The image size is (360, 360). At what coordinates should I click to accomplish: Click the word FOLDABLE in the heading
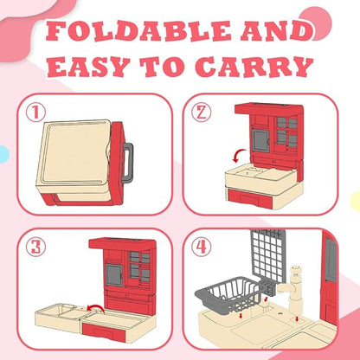[x=138, y=31]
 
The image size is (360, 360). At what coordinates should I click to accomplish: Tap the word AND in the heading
[x=277, y=31]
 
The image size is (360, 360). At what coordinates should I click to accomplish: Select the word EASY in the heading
[x=87, y=67]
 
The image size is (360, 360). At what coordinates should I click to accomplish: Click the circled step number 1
[x=35, y=112]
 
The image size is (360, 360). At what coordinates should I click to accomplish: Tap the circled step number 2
[x=202, y=112]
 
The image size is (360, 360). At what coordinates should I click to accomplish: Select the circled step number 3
[x=35, y=247]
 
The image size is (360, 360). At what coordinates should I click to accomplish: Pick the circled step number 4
[x=202, y=247]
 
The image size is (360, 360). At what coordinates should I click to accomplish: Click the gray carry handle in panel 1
[x=128, y=163]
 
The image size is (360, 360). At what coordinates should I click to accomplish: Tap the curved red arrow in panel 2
[x=239, y=156]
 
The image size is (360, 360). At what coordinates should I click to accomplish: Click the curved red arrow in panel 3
[x=97, y=308]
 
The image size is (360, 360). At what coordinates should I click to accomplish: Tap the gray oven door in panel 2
[x=260, y=140]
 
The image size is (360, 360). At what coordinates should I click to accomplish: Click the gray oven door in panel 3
[x=113, y=275]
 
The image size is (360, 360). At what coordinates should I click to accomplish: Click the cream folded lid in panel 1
[x=75, y=153]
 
